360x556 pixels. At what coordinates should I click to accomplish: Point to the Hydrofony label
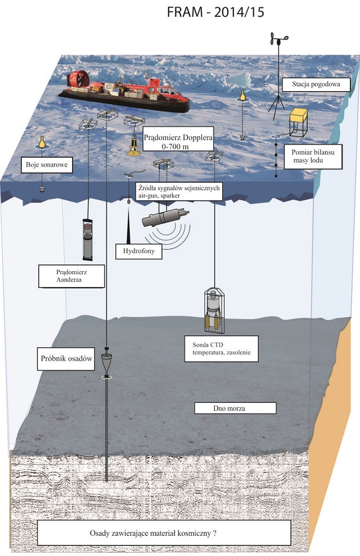(x=138, y=251)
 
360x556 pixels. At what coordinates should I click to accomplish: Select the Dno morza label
(x=235, y=408)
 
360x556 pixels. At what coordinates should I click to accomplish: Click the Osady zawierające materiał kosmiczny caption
(x=163, y=532)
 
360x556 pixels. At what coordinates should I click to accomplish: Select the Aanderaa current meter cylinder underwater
(x=87, y=239)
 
